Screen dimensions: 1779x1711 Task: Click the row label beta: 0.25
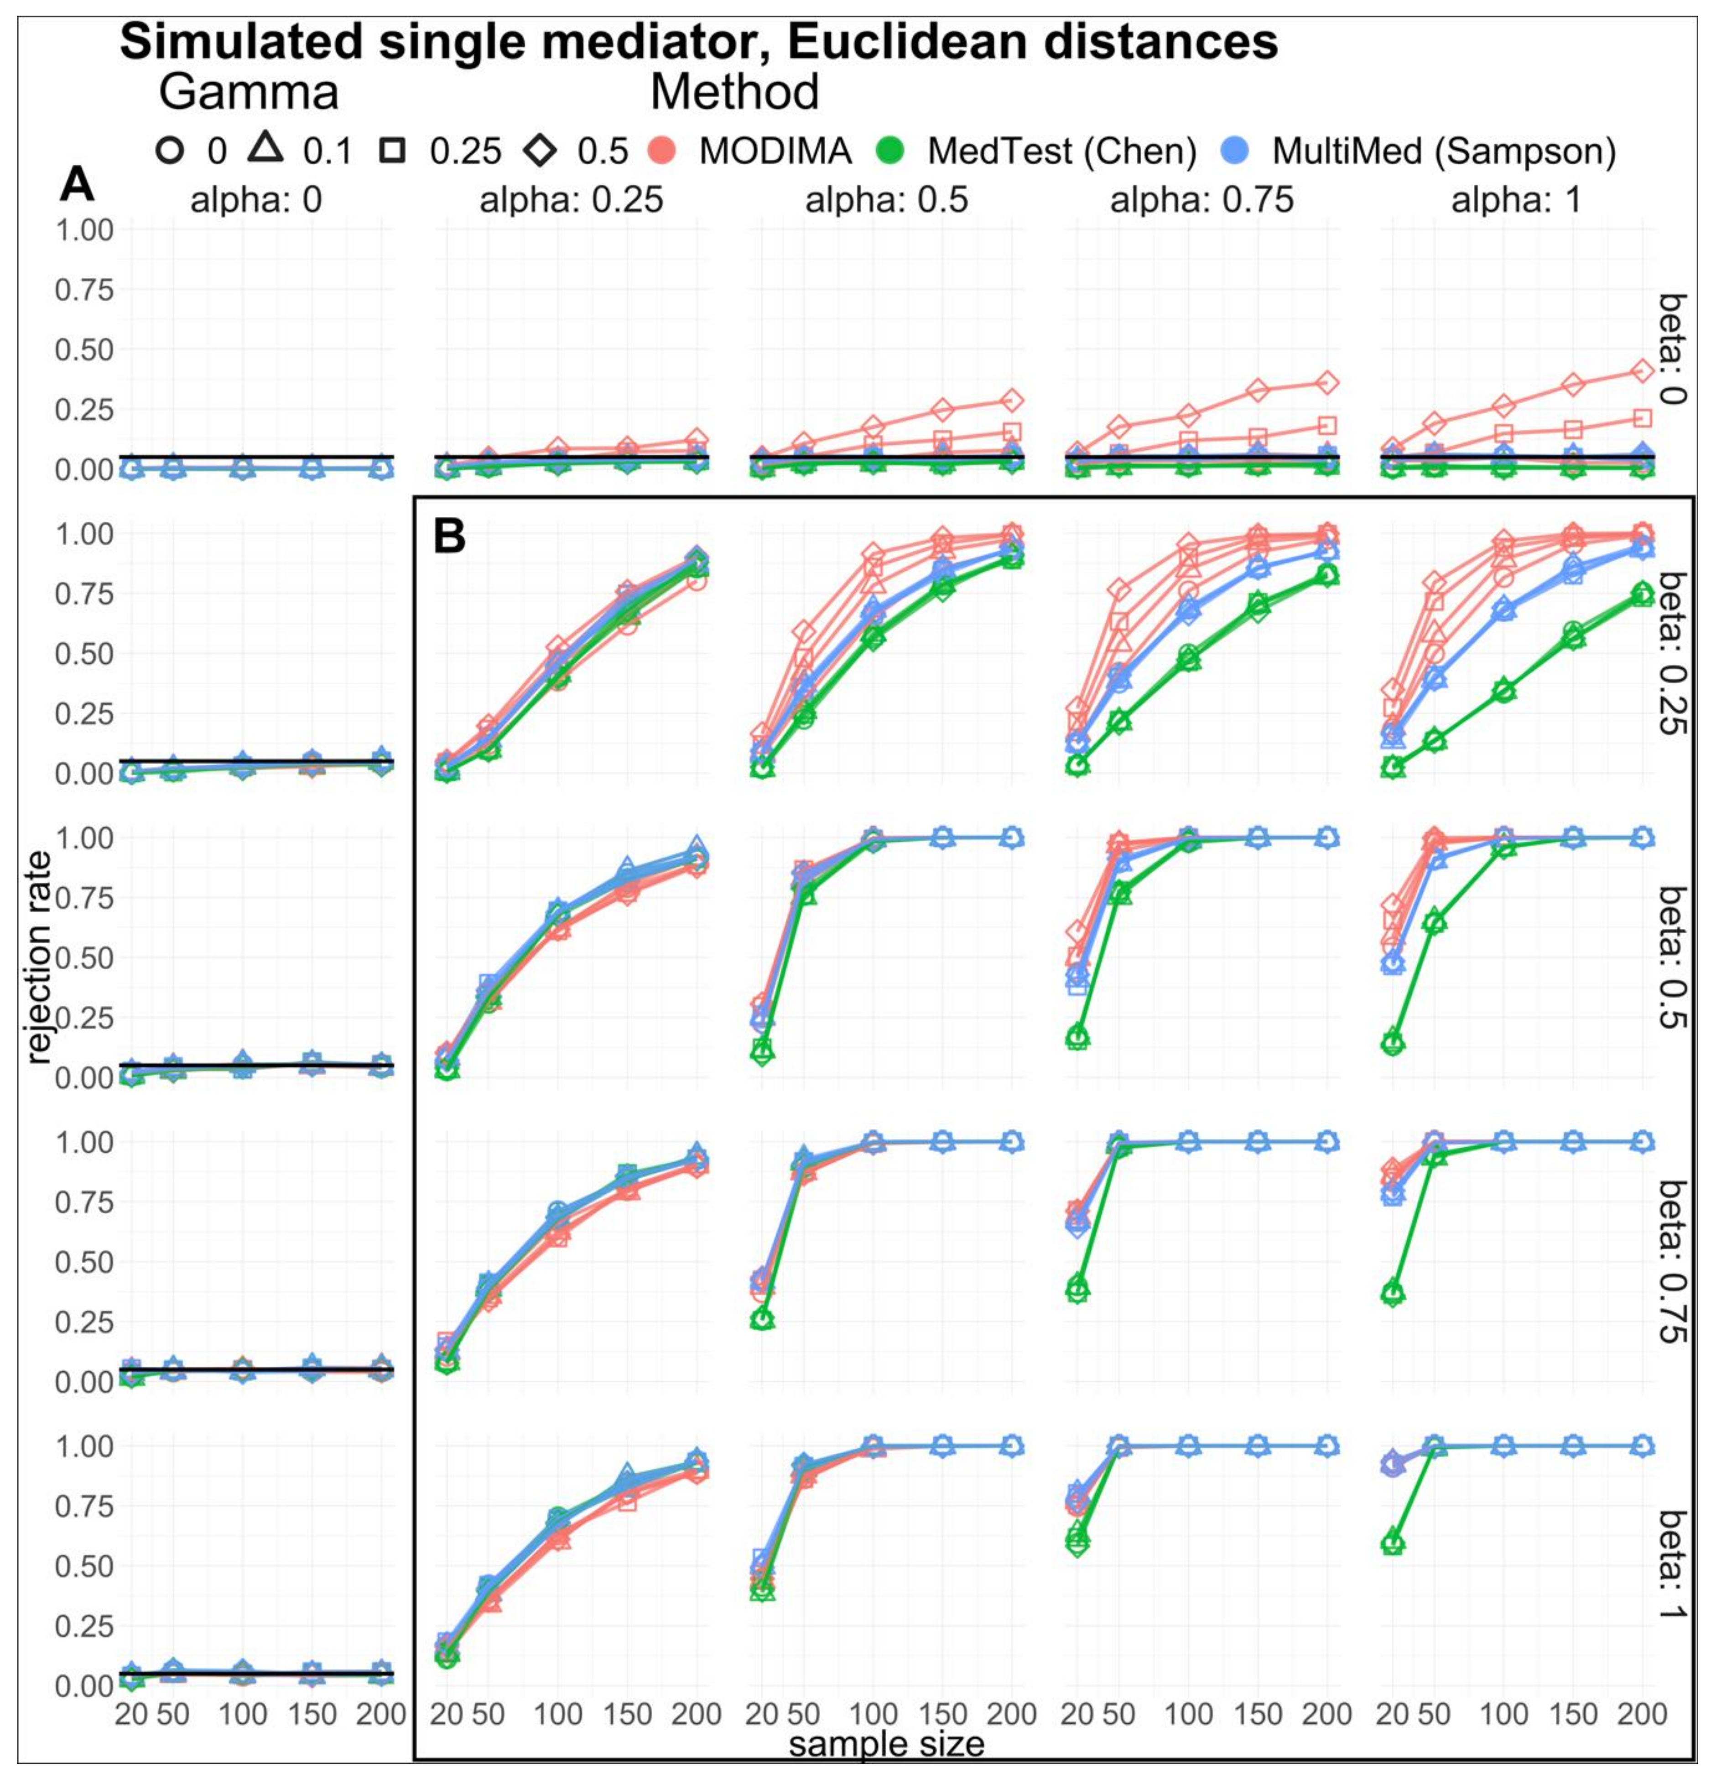point(1673,654)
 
